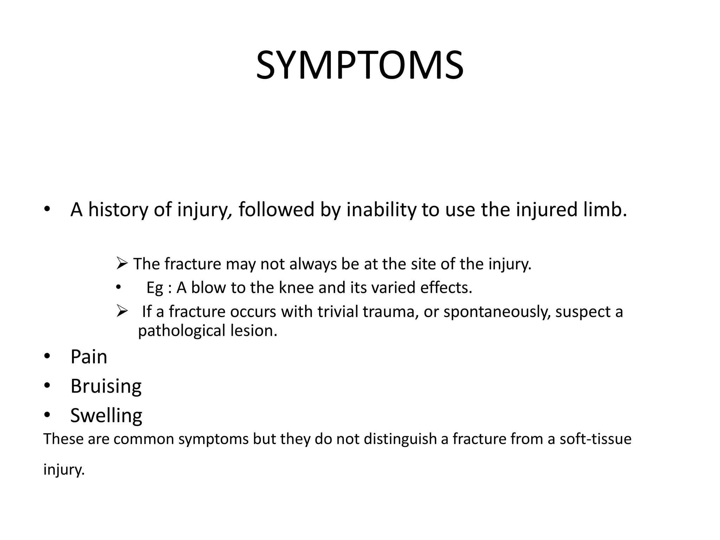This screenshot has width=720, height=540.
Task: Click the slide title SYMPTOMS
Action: pos(360,66)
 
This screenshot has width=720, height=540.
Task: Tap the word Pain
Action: pos(89,357)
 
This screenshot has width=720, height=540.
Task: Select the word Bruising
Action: pos(106,386)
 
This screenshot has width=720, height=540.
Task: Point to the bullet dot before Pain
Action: pos(47,357)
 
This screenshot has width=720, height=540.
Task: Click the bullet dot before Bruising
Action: pos(47,386)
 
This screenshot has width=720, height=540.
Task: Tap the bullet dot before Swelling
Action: pos(47,416)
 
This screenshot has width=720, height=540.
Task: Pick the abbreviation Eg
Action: pos(155,288)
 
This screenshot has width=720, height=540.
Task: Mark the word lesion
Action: pos(253,331)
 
